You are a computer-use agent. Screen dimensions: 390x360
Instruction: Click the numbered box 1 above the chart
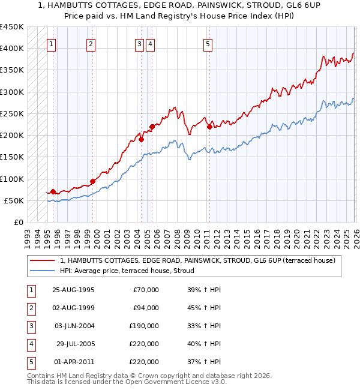pos(52,43)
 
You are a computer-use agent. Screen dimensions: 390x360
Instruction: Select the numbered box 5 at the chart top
pos(208,43)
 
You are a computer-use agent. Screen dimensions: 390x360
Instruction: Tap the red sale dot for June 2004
pos(142,140)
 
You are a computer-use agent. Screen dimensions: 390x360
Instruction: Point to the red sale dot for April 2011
pos(209,127)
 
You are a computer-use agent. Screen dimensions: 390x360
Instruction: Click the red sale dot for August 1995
pos(53,192)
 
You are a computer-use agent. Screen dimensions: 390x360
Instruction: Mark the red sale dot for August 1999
pos(93,181)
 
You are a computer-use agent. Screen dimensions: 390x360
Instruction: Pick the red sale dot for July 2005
pos(152,127)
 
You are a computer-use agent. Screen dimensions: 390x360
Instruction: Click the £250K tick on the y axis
pos(12,113)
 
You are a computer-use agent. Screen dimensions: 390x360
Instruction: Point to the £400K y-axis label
pos(12,48)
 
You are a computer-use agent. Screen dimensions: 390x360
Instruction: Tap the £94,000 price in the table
pos(146,308)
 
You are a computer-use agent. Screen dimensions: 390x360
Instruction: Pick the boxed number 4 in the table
pos(29,344)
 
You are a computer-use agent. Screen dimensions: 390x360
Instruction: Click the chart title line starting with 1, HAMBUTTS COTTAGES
pos(180,5)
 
